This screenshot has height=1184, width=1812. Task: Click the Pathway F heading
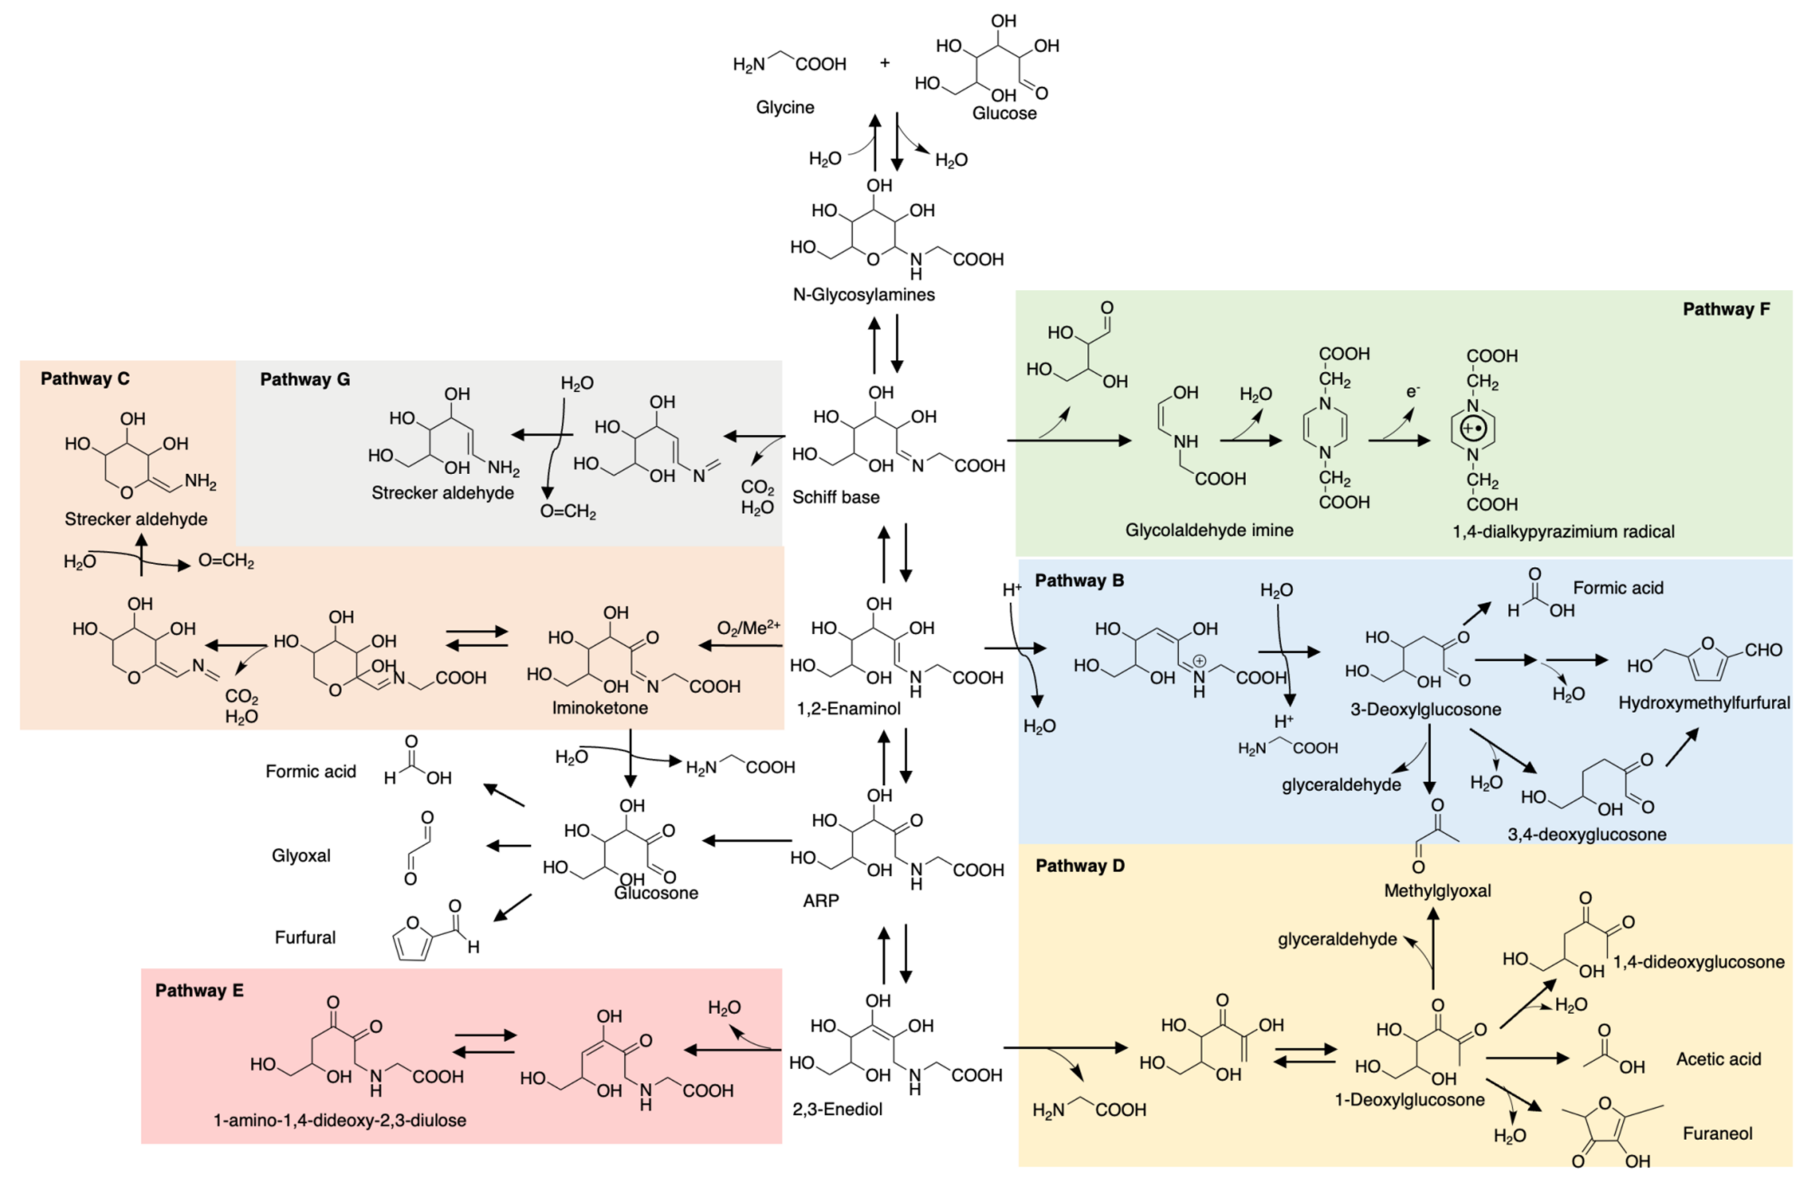(x=1725, y=309)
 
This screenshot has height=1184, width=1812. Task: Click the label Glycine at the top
(x=784, y=107)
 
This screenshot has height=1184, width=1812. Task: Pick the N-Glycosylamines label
(x=863, y=295)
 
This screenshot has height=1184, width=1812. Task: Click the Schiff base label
(x=835, y=497)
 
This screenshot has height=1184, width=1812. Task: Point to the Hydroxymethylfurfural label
(x=1703, y=702)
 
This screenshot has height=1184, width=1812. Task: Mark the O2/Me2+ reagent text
(x=747, y=628)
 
